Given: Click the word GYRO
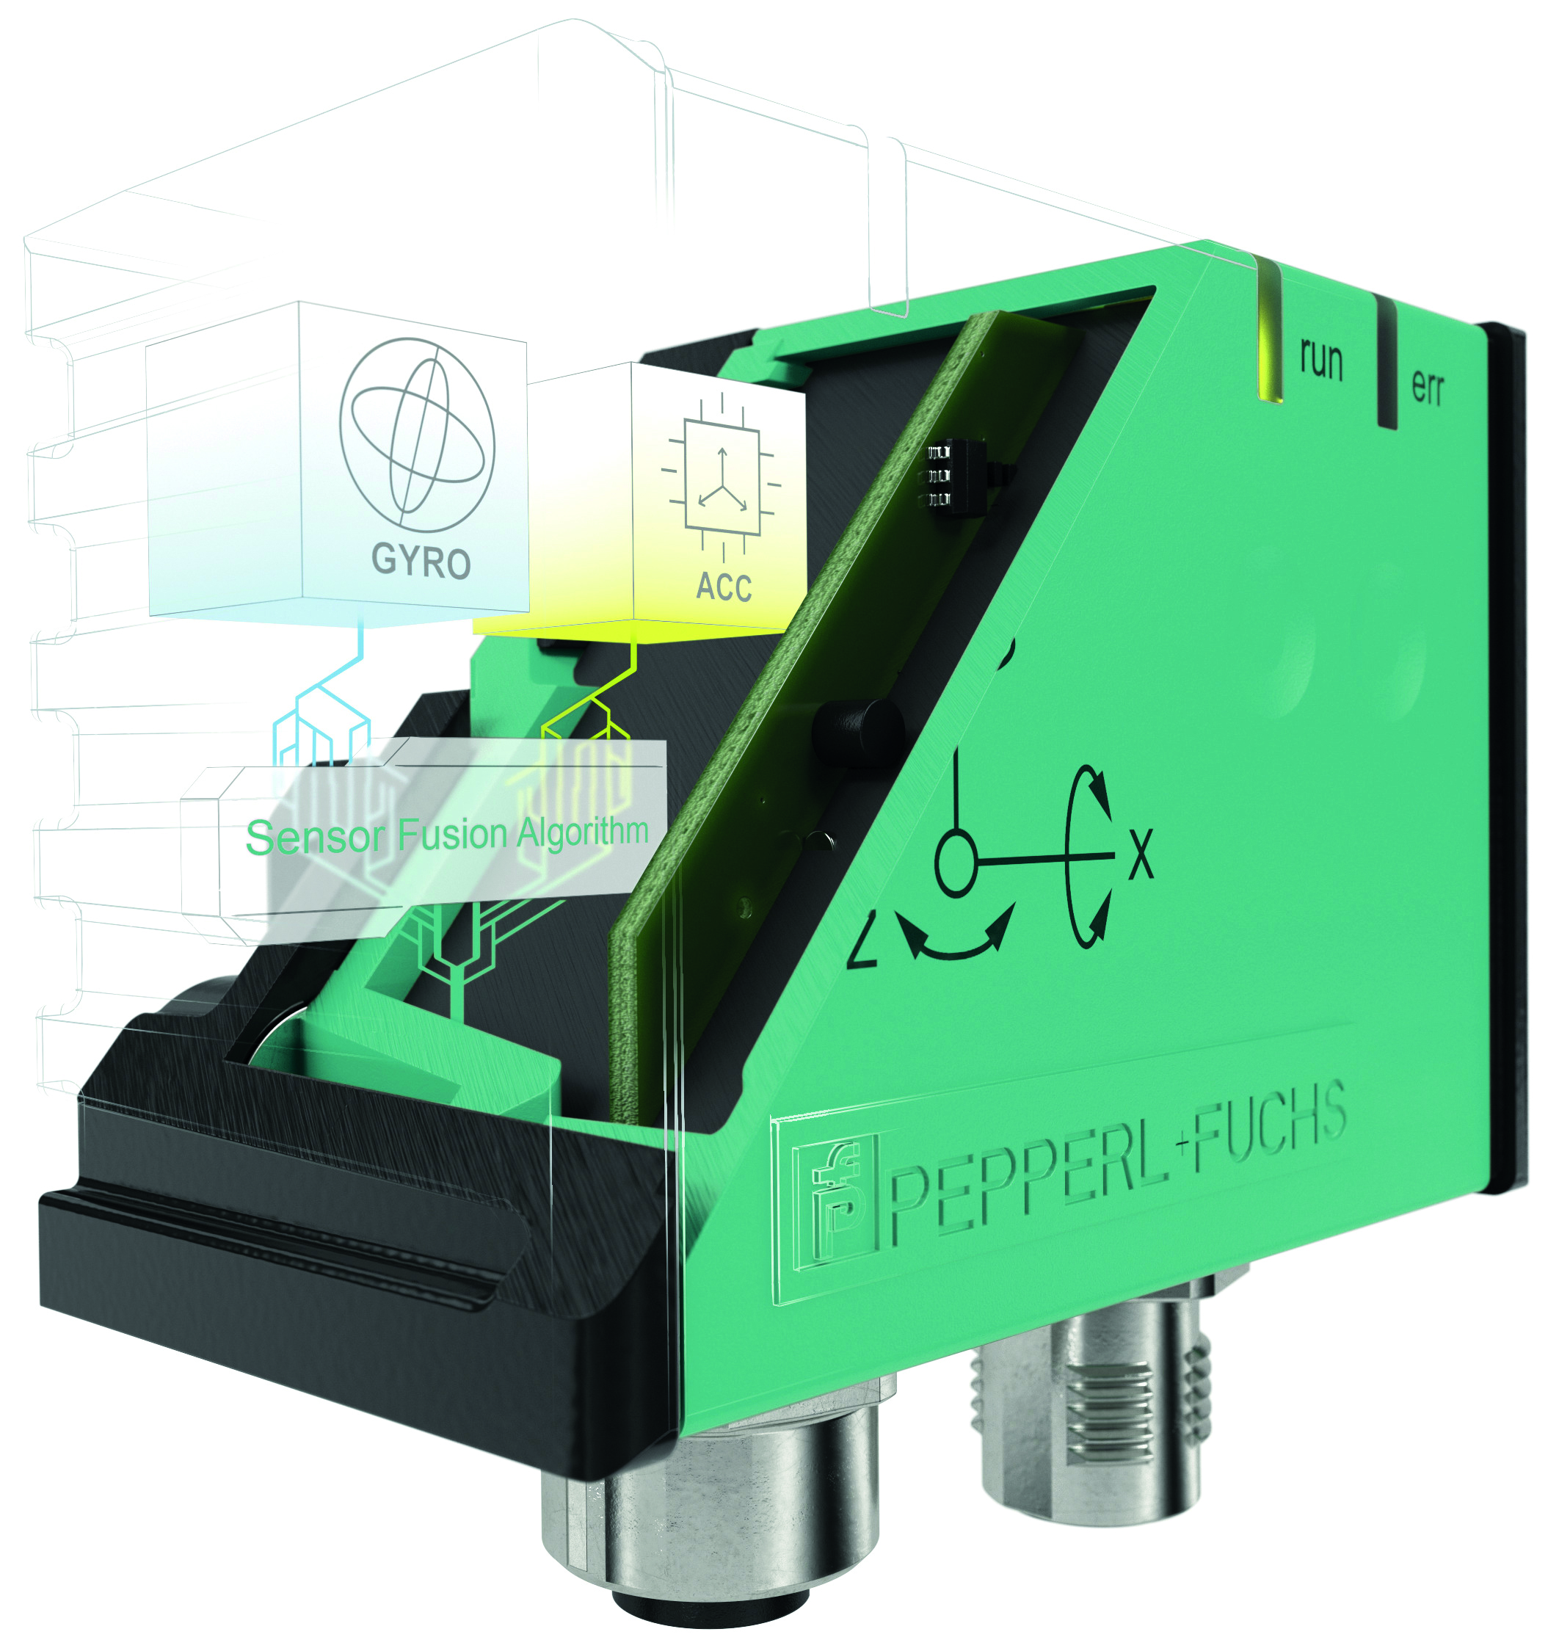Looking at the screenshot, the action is coord(421,561).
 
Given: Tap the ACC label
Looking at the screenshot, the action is coord(723,587).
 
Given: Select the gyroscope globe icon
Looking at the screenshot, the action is coord(417,435).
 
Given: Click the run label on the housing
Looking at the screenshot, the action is coord(1321,360).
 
